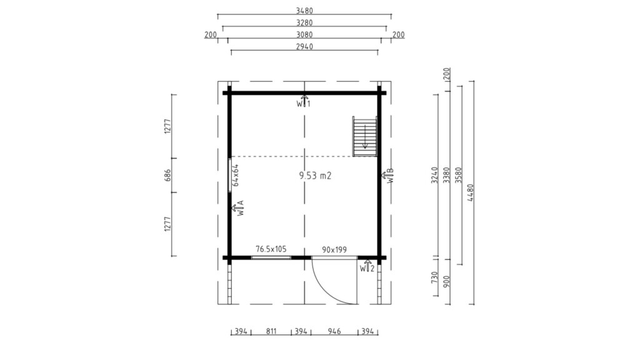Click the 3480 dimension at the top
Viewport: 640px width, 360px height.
[x=304, y=11]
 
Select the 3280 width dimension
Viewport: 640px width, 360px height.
[x=304, y=23]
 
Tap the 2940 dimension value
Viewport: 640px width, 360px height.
[x=304, y=46]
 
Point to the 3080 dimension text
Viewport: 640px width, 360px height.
[x=304, y=35]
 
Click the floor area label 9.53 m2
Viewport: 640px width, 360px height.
[x=315, y=176]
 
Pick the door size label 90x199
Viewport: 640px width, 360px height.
[x=334, y=249]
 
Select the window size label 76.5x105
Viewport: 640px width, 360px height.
[x=271, y=249]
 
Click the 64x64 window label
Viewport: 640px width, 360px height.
[x=236, y=175]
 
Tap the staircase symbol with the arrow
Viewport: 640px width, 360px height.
[x=365, y=136]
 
